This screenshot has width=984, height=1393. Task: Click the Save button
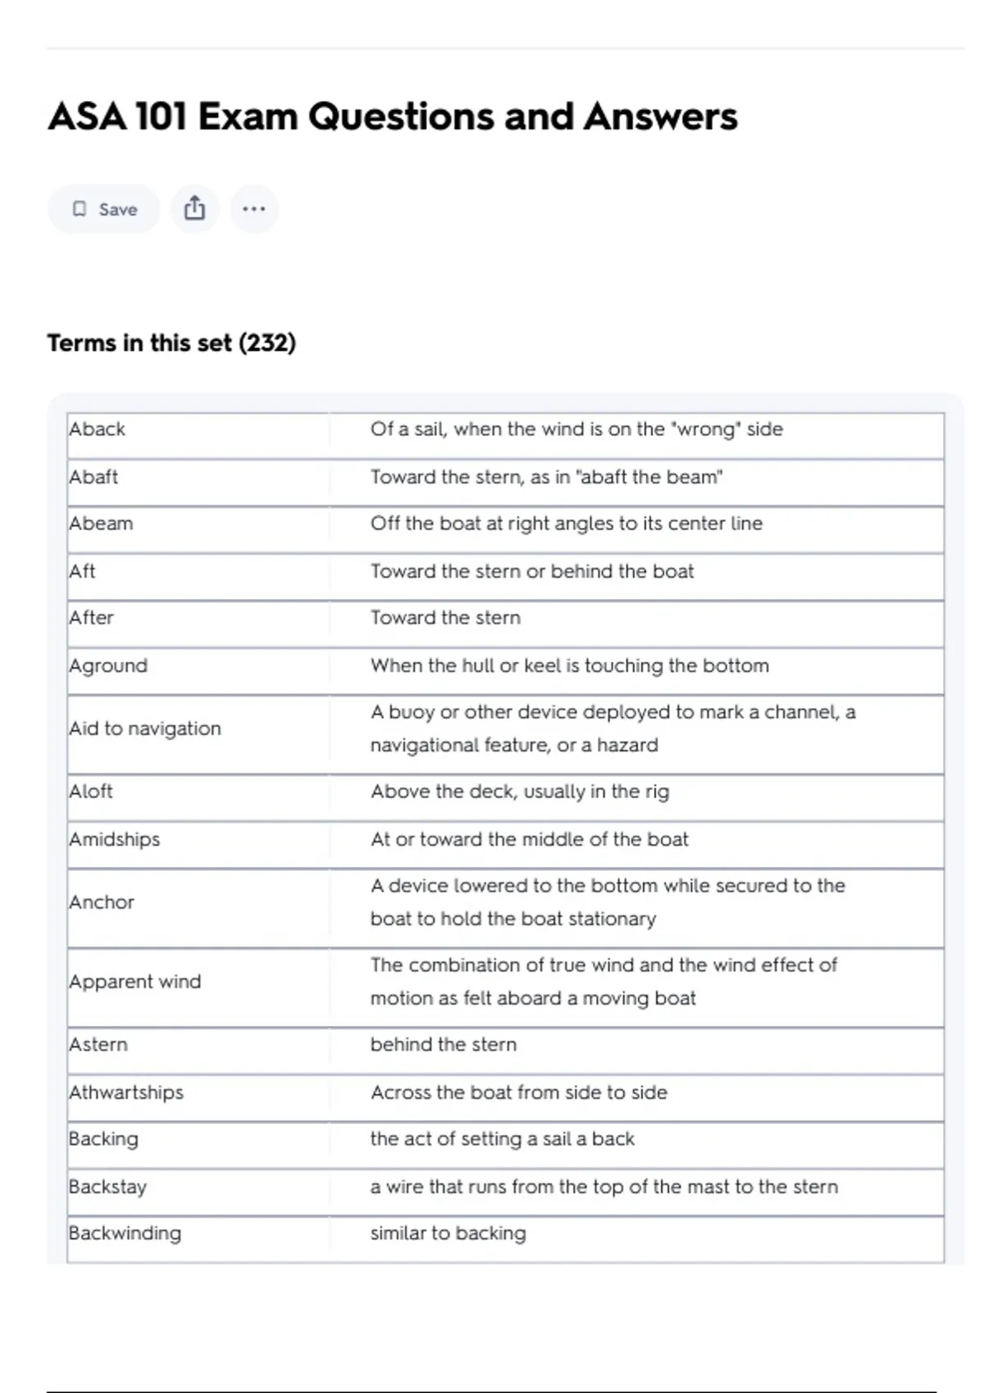(104, 210)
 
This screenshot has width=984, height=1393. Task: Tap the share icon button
(194, 209)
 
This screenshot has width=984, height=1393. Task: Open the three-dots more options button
(254, 209)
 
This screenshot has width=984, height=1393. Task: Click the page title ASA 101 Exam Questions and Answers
(393, 116)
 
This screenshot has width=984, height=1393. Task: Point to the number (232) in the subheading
(267, 343)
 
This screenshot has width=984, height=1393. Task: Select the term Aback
(98, 429)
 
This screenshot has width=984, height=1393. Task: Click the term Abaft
(93, 477)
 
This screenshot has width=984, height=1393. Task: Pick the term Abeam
(101, 524)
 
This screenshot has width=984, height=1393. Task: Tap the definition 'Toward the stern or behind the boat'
(531, 571)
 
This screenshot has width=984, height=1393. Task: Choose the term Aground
(108, 665)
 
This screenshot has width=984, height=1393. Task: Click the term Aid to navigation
(145, 728)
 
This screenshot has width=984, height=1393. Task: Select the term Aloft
(91, 792)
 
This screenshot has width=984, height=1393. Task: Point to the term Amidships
(115, 839)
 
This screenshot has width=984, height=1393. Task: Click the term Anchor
(102, 902)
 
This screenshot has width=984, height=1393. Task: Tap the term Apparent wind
(135, 982)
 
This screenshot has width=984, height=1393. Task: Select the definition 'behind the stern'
(444, 1045)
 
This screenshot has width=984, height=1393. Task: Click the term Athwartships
(126, 1092)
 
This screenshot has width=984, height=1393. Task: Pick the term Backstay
(107, 1187)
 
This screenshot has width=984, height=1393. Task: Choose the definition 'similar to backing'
(448, 1233)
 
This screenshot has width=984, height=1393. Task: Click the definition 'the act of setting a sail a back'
(502, 1139)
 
